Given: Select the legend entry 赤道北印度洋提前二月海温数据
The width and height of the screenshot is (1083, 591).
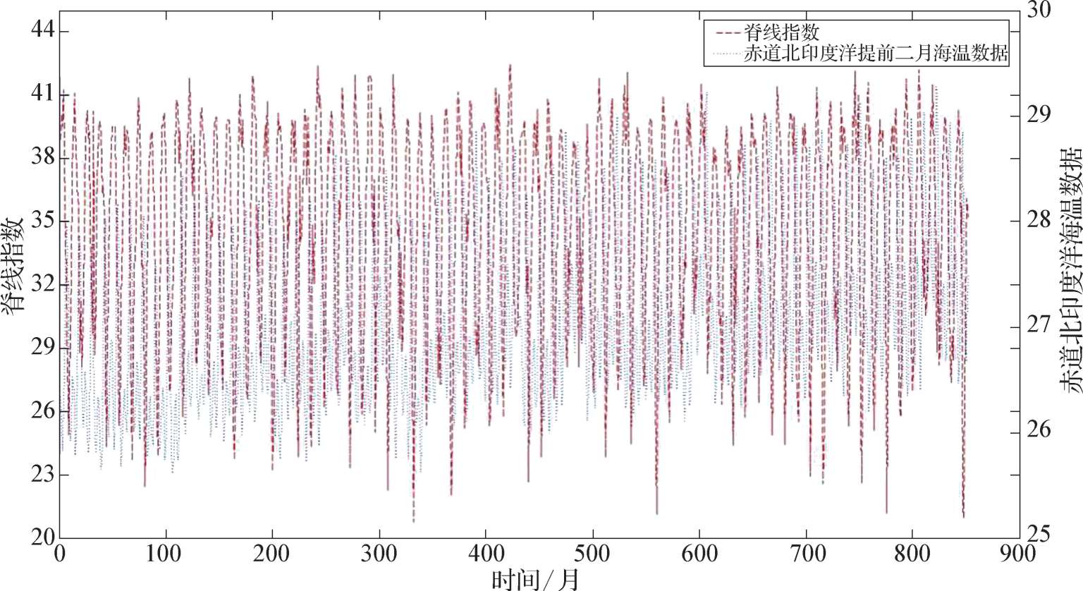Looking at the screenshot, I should click(x=874, y=54).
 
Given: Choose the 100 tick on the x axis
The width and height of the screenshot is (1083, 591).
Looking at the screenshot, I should click(x=166, y=554).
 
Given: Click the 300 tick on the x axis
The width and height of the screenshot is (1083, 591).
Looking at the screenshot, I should click(x=379, y=554).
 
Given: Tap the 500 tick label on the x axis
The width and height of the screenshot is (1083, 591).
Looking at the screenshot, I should click(x=593, y=554).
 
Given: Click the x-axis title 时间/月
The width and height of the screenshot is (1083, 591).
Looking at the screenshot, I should click(x=535, y=579).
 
